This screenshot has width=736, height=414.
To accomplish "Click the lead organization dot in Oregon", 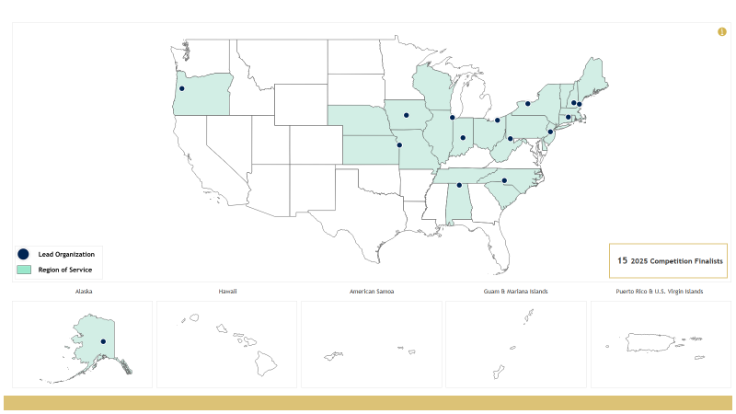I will pyautogui.click(x=182, y=88).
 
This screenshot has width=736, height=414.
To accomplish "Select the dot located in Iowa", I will pyautogui.click(x=406, y=115).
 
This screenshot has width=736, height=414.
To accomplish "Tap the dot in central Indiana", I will pyautogui.click(x=463, y=138).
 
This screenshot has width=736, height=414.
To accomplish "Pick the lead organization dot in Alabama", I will pyautogui.click(x=459, y=185).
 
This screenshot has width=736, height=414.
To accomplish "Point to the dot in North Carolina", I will pyautogui.click(x=504, y=180).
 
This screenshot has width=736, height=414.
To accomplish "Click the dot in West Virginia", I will pyautogui.click(x=511, y=139).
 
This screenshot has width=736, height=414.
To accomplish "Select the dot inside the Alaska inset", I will pyautogui.click(x=103, y=342).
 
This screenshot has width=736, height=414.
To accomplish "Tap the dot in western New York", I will pyautogui.click(x=528, y=104).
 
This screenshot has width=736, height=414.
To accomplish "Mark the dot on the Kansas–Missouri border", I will pyautogui.click(x=399, y=144).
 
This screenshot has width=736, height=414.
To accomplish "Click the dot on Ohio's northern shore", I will pyautogui.click(x=497, y=120).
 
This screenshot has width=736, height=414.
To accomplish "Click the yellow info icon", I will pyautogui.click(x=722, y=32).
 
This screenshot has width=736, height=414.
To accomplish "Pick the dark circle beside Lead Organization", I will pyautogui.click(x=24, y=254).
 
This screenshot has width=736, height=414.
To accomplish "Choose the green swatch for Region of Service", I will pyautogui.click(x=24, y=270).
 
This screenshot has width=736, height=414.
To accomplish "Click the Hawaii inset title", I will pyautogui.click(x=227, y=292).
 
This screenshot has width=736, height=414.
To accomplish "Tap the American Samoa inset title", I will pyautogui.click(x=372, y=292).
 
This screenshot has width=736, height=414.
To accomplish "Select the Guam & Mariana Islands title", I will pyautogui.click(x=515, y=292).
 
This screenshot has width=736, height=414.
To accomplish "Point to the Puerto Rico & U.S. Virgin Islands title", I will pyautogui.click(x=660, y=292).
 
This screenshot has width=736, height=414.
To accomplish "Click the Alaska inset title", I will pyautogui.click(x=83, y=292).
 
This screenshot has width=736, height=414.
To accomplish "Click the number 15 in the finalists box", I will pyautogui.click(x=623, y=260).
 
